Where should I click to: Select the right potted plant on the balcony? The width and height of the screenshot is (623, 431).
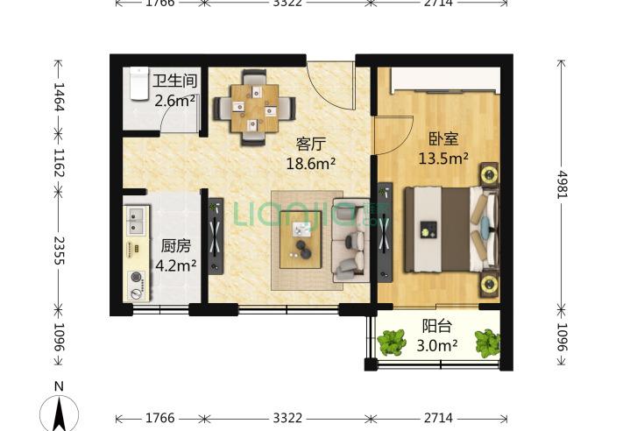click(x=487, y=342)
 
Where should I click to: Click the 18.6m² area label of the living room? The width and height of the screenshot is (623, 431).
click(x=311, y=162)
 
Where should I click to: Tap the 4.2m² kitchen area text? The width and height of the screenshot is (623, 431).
click(x=175, y=265)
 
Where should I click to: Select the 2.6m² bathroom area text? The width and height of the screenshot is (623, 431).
click(x=174, y=101)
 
